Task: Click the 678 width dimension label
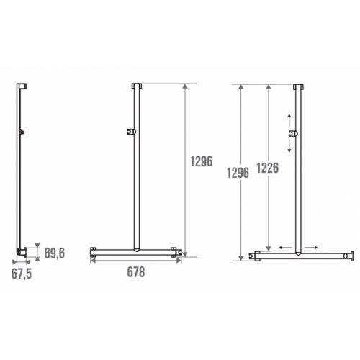(135, 271)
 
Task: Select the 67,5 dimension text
(22, 273)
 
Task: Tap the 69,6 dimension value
(55, 253)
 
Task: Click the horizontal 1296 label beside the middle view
(202, 162)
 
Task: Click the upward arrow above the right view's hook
(289, 119)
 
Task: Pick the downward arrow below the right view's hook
(289, 145)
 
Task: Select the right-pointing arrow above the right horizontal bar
(311, 247)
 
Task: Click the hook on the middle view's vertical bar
(130, 132)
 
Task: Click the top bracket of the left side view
(23, 86)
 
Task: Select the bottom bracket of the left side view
(22, 251)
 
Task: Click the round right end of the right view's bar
(349, 255)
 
